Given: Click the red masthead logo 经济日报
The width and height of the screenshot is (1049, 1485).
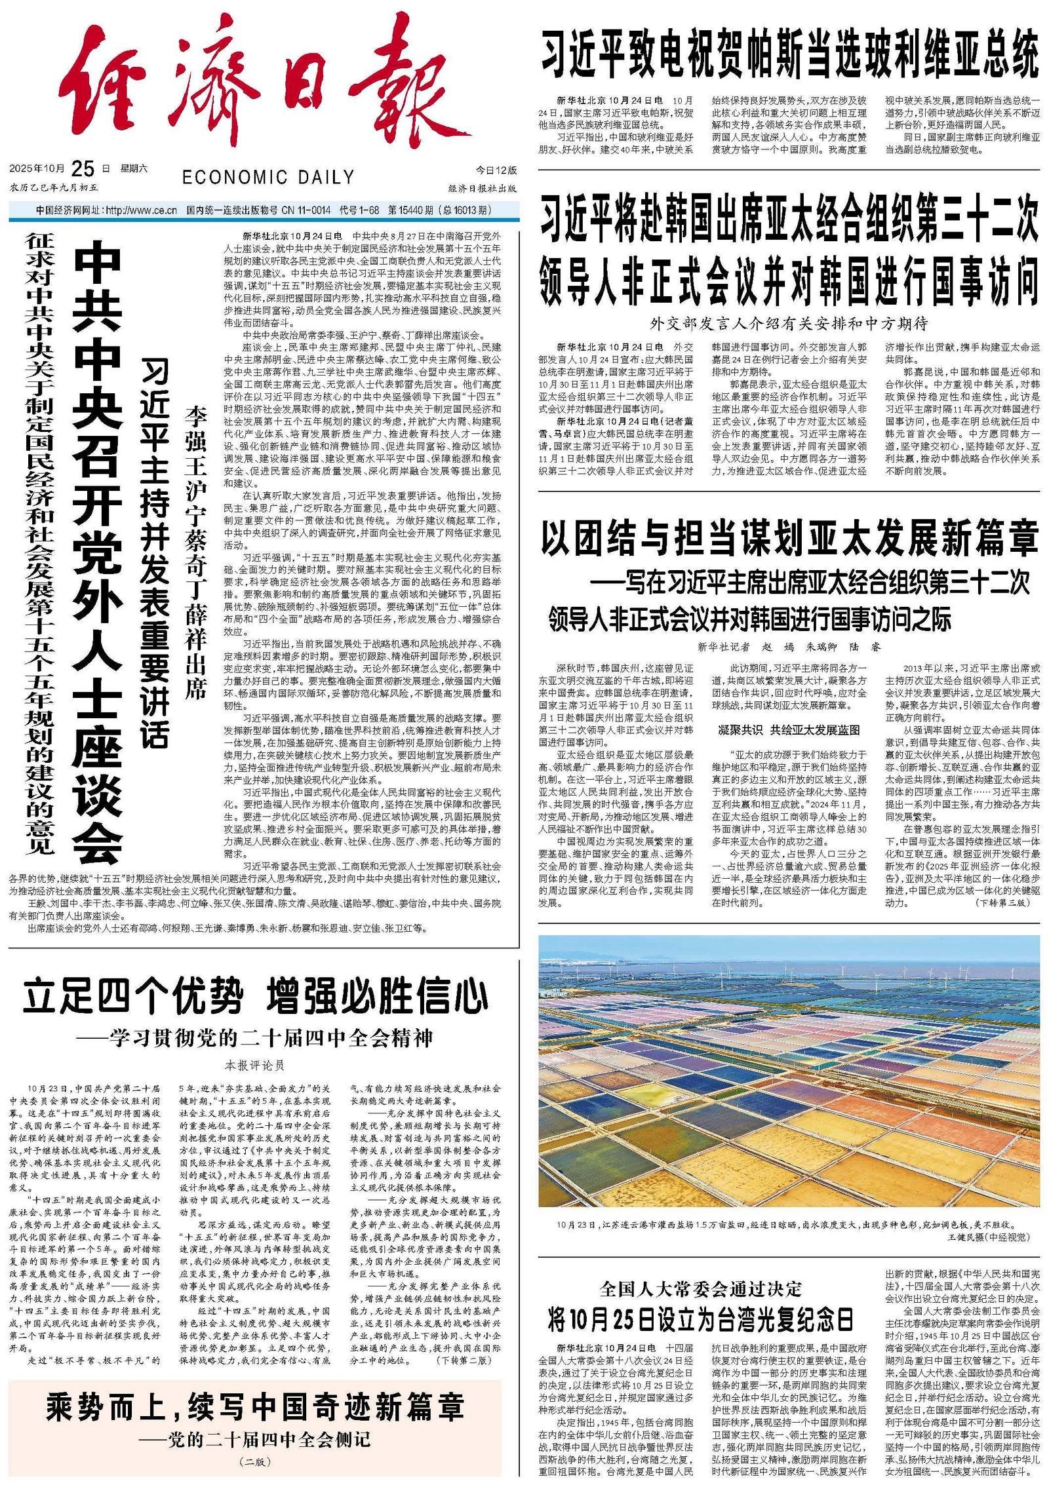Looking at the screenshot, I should click(262, 92).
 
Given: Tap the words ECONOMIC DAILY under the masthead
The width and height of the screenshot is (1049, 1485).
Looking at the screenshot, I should click(268, 178).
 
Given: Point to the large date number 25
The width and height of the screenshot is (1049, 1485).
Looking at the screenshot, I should click(83, 169).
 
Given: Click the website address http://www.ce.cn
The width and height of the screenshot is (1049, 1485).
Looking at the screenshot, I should click(141, 210).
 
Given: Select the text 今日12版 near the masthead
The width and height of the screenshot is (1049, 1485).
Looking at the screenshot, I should click(496, 170).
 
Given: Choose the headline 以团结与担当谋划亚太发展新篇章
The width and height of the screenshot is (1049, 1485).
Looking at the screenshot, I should click(789, 538).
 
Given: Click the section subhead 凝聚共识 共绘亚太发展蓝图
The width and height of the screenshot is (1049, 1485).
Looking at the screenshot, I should click(789, 730).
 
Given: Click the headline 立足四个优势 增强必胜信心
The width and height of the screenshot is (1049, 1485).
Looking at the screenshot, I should click(256, 997).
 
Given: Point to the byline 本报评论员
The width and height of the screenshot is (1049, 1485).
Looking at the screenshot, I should click(255, 1065).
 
